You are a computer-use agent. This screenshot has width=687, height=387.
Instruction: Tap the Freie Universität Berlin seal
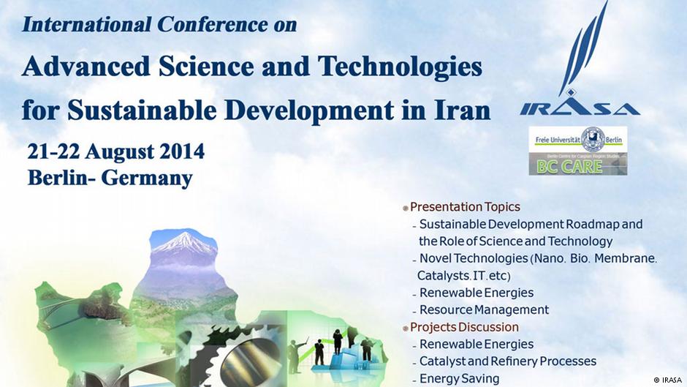[x=593, y=140]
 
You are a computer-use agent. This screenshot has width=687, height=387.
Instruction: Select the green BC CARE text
[x=569, y=167]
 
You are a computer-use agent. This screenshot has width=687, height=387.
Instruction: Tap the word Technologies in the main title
[x=400, y=67]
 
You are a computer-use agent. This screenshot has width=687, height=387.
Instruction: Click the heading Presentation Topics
[x=465, y=206]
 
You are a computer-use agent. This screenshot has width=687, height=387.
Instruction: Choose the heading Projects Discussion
[x=464, y=327]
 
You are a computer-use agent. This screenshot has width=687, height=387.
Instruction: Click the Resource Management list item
[x=484, y=309]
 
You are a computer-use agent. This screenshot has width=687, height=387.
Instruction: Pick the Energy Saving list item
[x=459, y=378]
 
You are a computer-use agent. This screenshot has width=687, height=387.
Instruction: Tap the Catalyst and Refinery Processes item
[x=508, y=361]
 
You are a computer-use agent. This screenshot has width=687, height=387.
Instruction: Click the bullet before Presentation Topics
[x=406, y=208]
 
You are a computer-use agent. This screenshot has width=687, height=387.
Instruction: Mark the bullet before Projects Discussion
[x=406, y=328]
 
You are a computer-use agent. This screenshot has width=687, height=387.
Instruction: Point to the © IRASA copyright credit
[x=667, y=380]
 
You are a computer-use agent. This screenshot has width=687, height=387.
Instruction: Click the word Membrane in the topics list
[x=625, y=258]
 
